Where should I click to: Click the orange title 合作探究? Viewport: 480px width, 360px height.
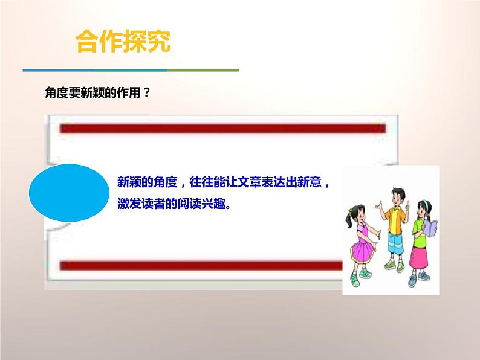pyautogui.click(x=123, y=42)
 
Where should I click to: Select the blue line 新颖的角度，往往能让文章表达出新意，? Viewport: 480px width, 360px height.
pyautogui.click(x=224, y=182)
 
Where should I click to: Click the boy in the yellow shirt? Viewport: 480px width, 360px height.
pyautogui.click(x=393, y=230)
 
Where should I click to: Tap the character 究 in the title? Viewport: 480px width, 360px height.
pyautogui.click(x=158, y=42)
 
